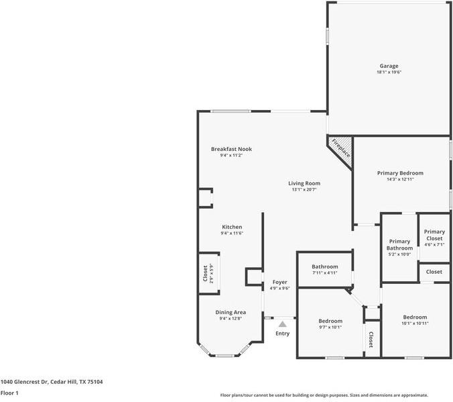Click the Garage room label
[389, 66]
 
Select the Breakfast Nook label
[231, 149]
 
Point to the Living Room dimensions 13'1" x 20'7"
[304, 190]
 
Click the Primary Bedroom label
[399, 172]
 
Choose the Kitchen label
[232, 227]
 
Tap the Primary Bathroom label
[399, 245]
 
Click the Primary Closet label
[434, 235]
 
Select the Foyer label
[279, 282]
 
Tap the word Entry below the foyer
[282, 334]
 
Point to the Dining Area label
[231, 312]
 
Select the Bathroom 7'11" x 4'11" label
[324, 266]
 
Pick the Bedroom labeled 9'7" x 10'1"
[330, 321]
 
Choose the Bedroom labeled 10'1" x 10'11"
[414, 317]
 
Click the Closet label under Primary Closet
[434, 272]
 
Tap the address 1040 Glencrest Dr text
[52, 381]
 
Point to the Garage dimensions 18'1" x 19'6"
[389, 72]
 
